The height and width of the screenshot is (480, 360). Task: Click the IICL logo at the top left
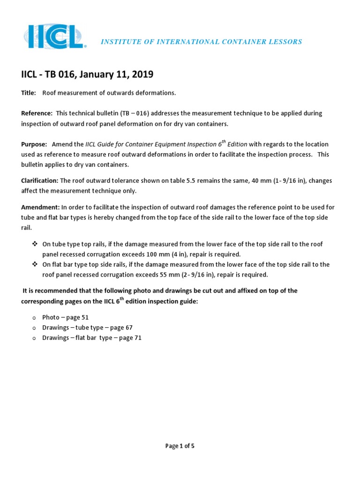click(x=54, y=37)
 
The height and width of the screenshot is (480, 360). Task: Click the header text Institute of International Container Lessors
click(x=202, y=42)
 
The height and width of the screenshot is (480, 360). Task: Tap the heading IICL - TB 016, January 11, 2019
click(x=87, y=75)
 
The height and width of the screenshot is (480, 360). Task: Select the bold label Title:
click(x=29, y=93)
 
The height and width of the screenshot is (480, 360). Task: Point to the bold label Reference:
click(x=37, y=113)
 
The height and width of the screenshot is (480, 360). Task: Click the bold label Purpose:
click(x=34, y=144)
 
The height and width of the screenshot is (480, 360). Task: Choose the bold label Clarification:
click(x=40, y=180)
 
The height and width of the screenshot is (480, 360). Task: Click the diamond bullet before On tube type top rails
click(x=34, y=244)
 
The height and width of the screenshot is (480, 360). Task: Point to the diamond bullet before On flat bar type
click(x=34, y=264)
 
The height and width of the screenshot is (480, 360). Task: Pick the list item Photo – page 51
click(x=65, y=317)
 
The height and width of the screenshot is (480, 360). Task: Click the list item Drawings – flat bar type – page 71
click(x=92, y=337)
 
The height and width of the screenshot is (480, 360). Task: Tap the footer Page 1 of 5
click(x=180, y=446)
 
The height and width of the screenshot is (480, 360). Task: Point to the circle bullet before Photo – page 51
click(x=34, y=318)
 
